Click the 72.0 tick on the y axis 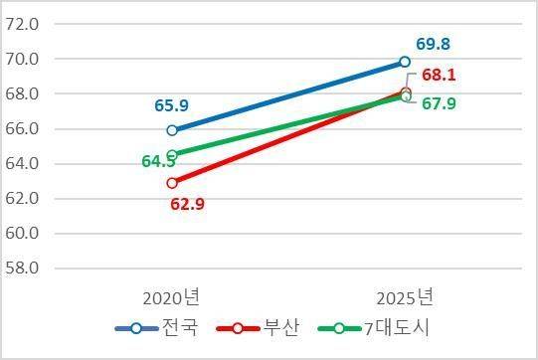coord(22,24)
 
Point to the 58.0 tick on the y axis coord(22,269)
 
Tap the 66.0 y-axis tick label coord(22,129)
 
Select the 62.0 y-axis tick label coord(22,199)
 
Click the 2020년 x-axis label coord(171,296)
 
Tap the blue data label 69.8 coord(433,45)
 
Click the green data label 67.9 coord(438,103)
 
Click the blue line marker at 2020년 coord(172,129)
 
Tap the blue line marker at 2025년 coord(405,62)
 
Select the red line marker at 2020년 coord(172,182)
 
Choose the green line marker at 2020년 coord(172,155)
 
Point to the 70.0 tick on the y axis coord(22,60)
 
